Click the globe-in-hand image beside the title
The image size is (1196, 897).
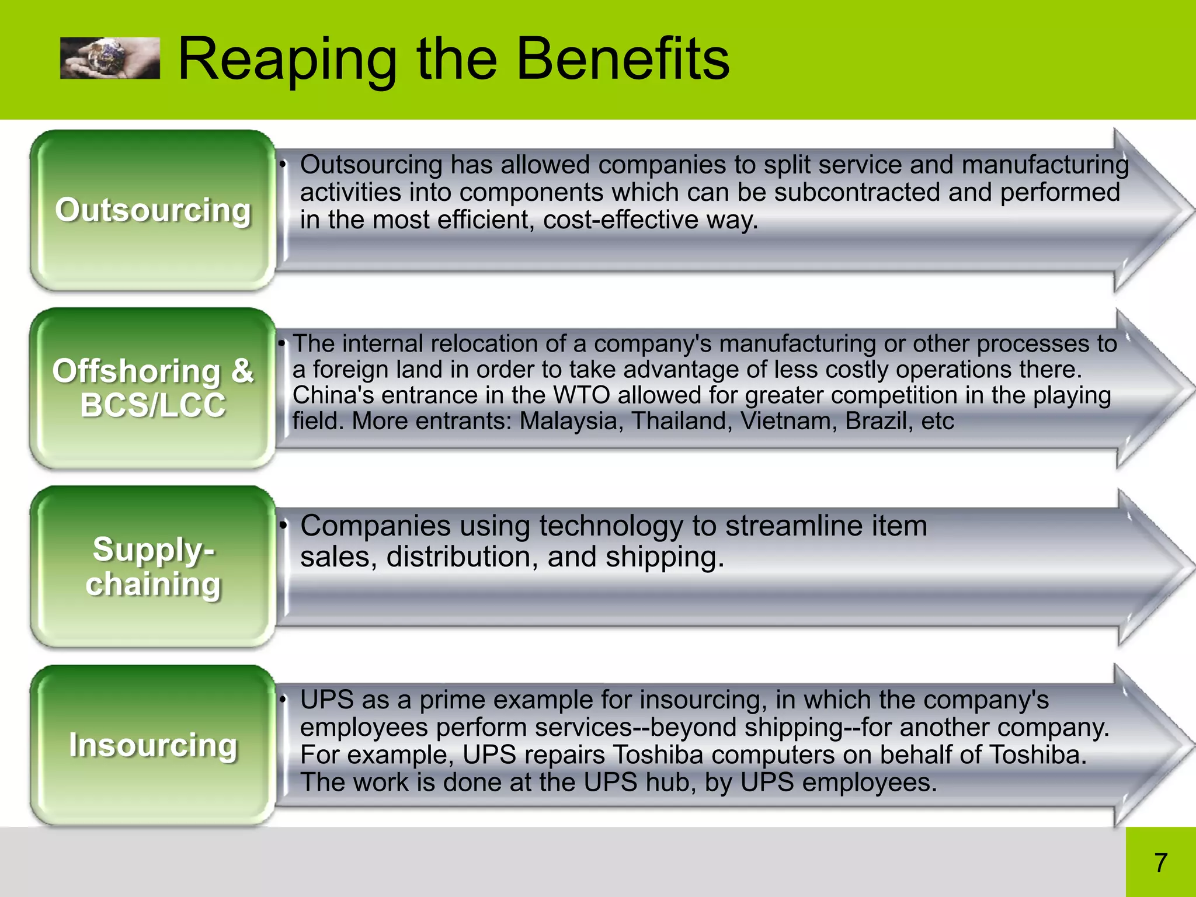coord(110,58)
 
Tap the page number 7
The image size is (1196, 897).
coord(1160,863)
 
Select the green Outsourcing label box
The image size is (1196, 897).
coord(153,210)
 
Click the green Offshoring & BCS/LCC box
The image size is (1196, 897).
coord(153,388)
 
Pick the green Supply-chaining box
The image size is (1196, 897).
coord(153,566)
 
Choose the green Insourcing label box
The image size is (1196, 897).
coord(153,745)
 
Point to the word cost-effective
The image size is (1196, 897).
coord(621,220)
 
